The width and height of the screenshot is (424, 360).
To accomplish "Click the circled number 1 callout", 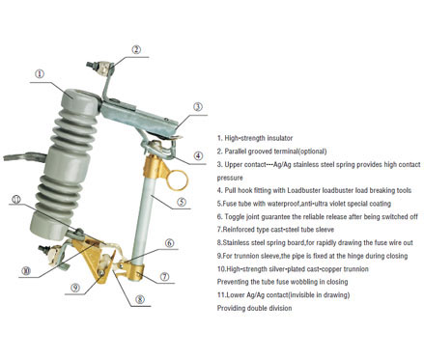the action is pyautogui.click(x=40, y=74).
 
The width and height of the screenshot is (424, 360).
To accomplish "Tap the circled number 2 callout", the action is pyautogui.click(x=136, y=49).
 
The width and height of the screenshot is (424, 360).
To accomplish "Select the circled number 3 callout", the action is pyautogui.click(x=198, y=107).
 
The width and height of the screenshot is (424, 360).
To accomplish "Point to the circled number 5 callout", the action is pyautogui.click(x=182, y=202).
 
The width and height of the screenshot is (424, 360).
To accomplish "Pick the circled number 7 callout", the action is pyautogui.click(x=164, y=276).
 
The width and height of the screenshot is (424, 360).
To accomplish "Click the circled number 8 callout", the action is pyautogui.click(x=140, y=299).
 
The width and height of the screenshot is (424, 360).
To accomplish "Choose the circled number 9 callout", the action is pyautogui.click(x=75, y=288).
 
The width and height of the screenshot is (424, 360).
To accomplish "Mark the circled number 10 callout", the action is pyautogui.click(x=26, y=271).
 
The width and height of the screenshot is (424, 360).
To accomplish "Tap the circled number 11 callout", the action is pyautogui.click(x=16, y=200).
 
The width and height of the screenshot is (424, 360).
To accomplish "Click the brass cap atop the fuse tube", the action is pyautogui.click(x=155, y=167).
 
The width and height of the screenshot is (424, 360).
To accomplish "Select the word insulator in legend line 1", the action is pyautogui.click(x=280, y=138).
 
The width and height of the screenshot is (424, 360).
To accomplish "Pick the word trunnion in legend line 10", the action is pyautogui.click(x=355, y=269).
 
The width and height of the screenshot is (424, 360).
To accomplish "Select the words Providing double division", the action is pyautogui.click(x=254, y=308).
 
